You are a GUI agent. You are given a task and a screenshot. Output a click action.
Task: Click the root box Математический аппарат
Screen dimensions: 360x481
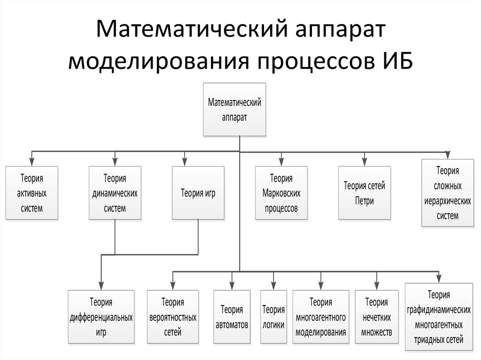point(234,109)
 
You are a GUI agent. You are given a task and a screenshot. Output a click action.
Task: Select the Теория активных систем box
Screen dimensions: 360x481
point(31,192)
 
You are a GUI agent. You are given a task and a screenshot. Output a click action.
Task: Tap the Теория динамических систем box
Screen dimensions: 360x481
point(115,192)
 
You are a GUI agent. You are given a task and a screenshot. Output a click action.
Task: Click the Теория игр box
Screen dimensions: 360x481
point(198,192)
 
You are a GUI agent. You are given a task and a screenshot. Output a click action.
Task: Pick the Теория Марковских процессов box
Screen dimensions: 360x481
point(281,192)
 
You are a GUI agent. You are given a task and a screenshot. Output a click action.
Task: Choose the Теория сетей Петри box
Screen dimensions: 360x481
point(364,192)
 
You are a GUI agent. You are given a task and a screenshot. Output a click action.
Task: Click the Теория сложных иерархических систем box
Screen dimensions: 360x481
point(447,193)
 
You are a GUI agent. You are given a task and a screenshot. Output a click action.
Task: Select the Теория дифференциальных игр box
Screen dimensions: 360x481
point(101,317)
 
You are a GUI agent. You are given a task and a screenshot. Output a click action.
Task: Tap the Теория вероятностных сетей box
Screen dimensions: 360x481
point(172,317)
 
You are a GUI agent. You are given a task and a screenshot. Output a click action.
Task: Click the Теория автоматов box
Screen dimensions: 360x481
point(232,317)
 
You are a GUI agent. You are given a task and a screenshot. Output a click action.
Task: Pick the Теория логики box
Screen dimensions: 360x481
point(273,317)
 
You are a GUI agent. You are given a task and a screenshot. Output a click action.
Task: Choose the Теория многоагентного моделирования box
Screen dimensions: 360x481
point(321,317)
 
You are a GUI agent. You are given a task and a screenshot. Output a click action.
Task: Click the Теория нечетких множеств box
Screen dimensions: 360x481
point(377,317)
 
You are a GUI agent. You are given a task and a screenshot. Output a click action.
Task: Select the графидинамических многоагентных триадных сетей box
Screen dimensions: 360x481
point(439,317)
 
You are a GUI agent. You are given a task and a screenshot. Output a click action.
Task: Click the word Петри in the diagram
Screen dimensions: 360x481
point(364,201)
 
